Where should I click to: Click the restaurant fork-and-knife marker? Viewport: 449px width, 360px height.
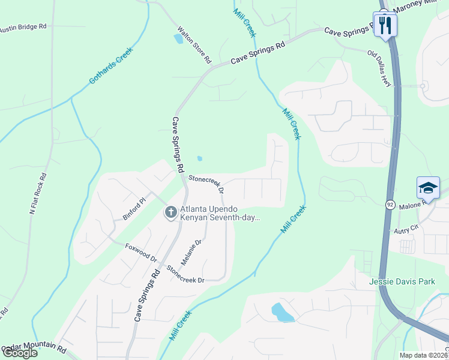point(385,25)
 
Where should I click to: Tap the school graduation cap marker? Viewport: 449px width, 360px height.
point(428,188)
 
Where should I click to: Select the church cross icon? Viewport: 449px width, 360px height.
point(170,212)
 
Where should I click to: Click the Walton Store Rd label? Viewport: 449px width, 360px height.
point(194,45)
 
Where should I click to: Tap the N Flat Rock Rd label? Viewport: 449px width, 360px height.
point(37,194)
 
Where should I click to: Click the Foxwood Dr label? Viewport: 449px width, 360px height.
point(140,253)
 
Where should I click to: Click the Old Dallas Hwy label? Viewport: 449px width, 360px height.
point(379,68)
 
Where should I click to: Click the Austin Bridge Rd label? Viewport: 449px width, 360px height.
point(23,28)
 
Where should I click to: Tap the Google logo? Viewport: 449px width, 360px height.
point(20,353)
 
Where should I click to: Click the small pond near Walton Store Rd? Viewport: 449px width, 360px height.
point(178,39)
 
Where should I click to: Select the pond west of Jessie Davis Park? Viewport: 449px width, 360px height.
point(282,312)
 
